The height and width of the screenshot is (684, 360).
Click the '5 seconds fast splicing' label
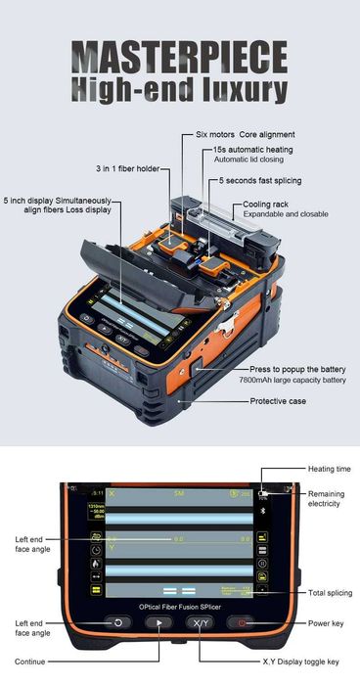coord(260,181)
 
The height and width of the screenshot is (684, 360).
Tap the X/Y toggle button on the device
coord(199,622)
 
